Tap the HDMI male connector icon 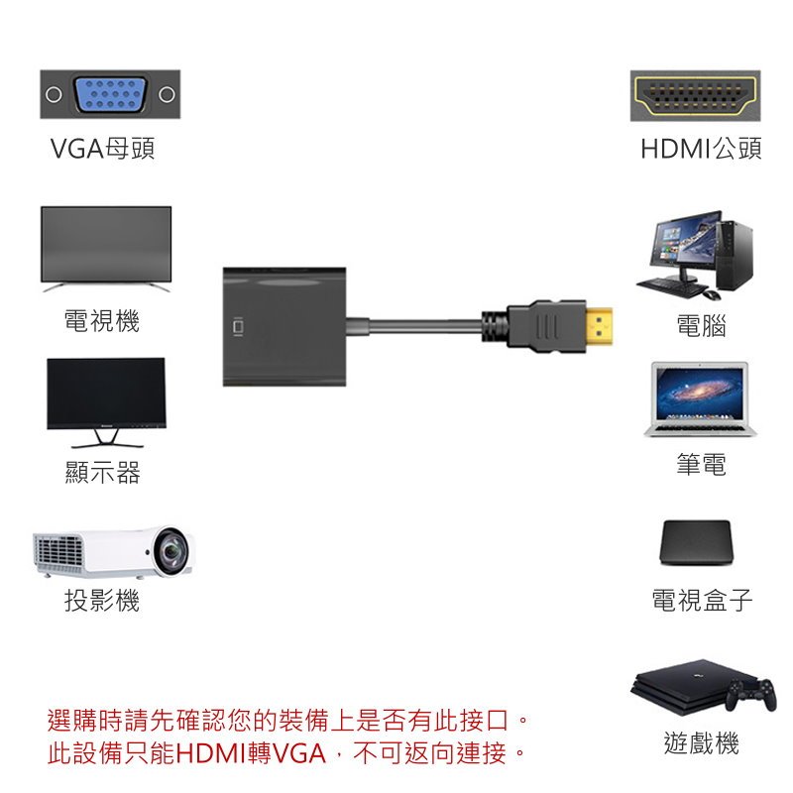point(695,95)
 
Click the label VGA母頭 point(102,150)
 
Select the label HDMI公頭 point(701,150)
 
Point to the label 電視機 point(102,321)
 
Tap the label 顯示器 point(102,473)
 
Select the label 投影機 point(102,600)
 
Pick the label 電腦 point(701,325)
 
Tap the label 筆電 point(701,464)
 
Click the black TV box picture point(696,541)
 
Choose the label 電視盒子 point(702,600)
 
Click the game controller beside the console point(750,696)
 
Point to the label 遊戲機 point(701,743)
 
